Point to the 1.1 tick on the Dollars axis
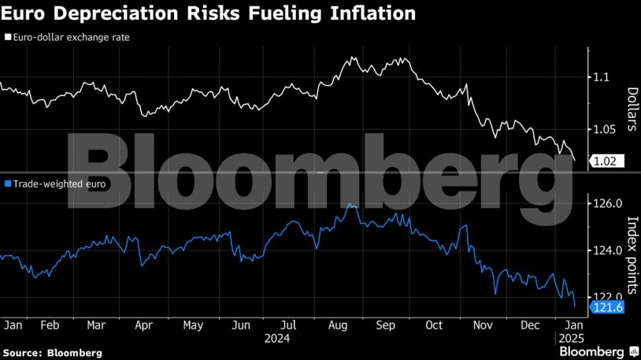[602, 77]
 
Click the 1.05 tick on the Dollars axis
[605, 129]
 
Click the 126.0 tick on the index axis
[607, 204]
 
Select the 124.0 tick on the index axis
[607, 251]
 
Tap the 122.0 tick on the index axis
[607, 297]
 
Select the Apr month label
[143, 325]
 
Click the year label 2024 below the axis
[277, 338]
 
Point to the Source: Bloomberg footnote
[52, 353]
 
